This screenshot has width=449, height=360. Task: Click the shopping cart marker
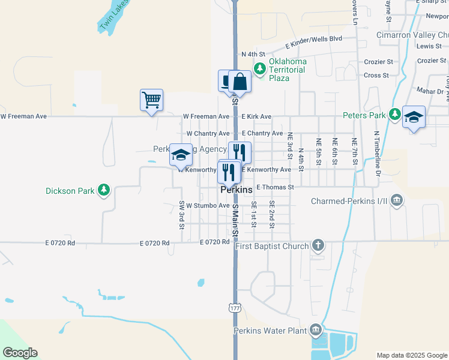151,100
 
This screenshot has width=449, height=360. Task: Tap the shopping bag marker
240,82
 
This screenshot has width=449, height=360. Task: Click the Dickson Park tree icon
104,191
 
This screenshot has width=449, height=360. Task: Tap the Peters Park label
364,115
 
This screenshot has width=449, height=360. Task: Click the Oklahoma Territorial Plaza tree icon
259,70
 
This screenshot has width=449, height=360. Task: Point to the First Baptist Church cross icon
318,246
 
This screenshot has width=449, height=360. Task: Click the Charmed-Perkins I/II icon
396,201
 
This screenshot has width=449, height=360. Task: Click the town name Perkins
237,189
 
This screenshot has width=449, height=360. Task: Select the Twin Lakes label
114,14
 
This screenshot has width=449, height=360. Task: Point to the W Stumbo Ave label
208,205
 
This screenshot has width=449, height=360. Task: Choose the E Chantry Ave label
262,133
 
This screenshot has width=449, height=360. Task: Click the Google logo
20,353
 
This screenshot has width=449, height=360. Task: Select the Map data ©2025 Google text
411,355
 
